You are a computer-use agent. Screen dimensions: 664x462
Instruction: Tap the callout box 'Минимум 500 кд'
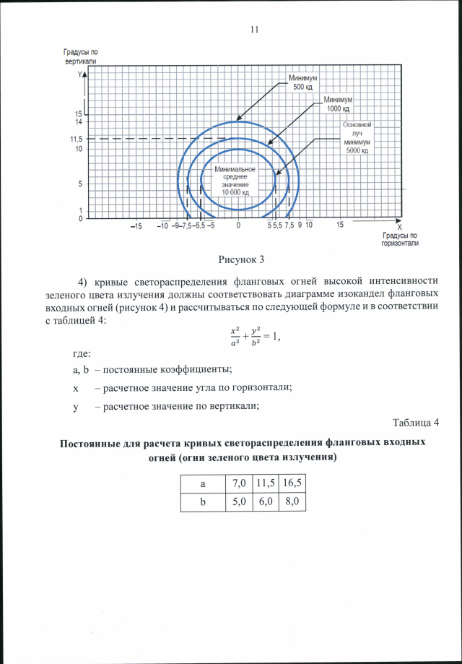coord(302,82)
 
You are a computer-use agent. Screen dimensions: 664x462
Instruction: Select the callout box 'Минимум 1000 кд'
coord(337,103)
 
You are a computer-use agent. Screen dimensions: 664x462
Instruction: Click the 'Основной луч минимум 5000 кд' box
coord(357,137)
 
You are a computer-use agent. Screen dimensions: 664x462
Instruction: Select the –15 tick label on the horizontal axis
coord(136,226)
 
